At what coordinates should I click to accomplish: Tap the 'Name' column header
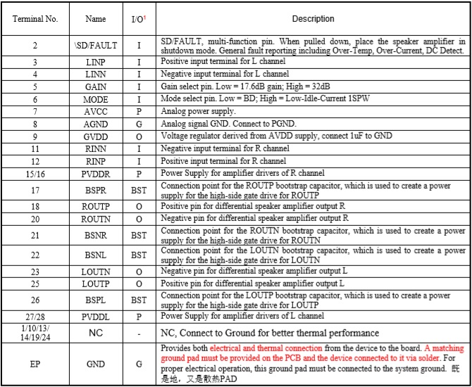pyautogui.click(x=95, y=19)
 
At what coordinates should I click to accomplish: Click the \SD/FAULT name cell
pyautogui.click(x=95, y=46)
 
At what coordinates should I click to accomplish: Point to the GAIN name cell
pyautogui.click(x=95, y=87)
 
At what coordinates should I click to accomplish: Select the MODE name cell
pyautogui.click(x=95, y=99)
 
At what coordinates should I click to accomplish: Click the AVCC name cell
pyautogui.click(x=95, y=111)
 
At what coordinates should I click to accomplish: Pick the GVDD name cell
pyautogui.click(x=95, y=136)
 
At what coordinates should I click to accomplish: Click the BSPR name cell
pyautogui.click(x=95, y=189)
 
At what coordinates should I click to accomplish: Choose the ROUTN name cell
pyautogui.click(x=95, y=218)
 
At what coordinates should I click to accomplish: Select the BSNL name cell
pyautogui.click(x=95, y=255)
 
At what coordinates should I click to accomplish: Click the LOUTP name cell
pyautogui.click(x=95, y=284)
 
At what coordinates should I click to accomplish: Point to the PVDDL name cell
pyautogui.click(x=95, y=317)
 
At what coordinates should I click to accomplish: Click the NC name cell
pyautogui.click(x=95, y=333)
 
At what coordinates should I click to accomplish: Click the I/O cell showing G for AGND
pyautogui.click(x=138, y=124)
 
